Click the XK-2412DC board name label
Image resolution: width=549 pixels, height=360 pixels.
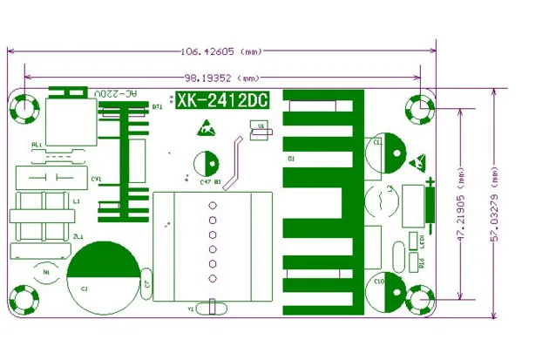point(221,102)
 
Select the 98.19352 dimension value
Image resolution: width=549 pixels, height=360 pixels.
point(208,77)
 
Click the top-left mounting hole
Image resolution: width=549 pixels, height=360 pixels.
point(24,108)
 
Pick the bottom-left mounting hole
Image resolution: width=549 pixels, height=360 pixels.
point(24,299)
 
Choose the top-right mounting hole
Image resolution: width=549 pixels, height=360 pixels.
point(423,109)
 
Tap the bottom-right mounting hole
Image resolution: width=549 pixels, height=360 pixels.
point(423,299)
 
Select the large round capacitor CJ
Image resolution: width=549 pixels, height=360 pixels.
point(103,277)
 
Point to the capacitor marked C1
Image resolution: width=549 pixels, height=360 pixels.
point(386,154)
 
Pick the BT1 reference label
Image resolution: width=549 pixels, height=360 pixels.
point(158,106)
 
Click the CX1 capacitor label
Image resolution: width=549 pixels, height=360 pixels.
point(97,179)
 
